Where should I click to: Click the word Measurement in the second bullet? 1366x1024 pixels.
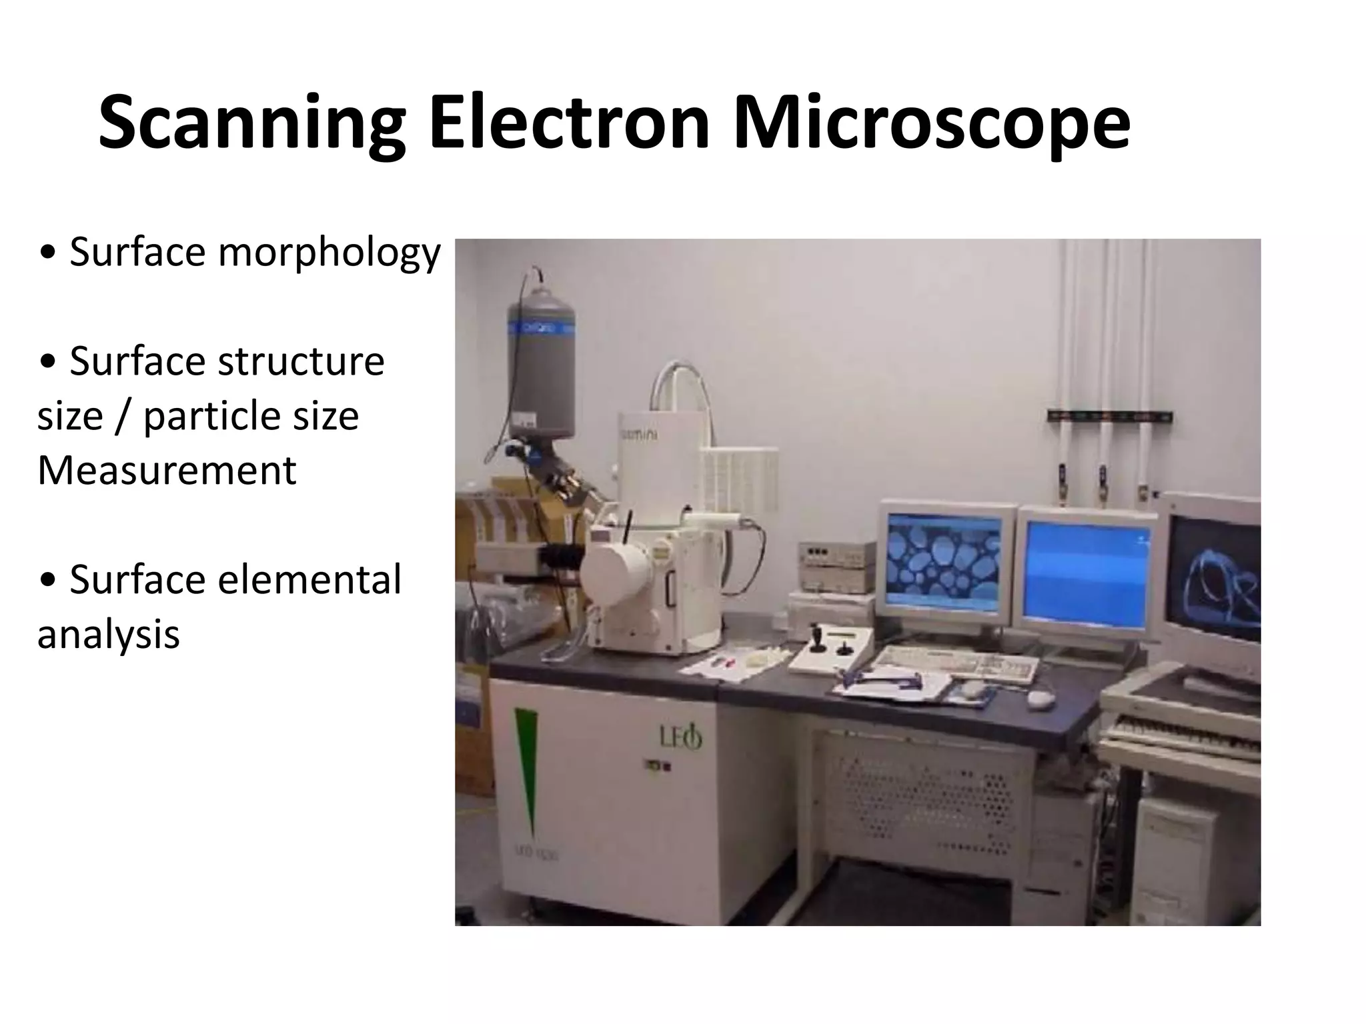(x=167, y=471)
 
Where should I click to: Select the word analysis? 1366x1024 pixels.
(x=108, y=634)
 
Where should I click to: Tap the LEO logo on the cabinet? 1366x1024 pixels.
(x=680, y=737)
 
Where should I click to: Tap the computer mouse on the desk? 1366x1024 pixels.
(x=1040, y=698)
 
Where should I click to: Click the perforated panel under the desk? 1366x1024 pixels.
(x=920, y=800)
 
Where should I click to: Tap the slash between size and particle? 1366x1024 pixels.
(x=123, y=417)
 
